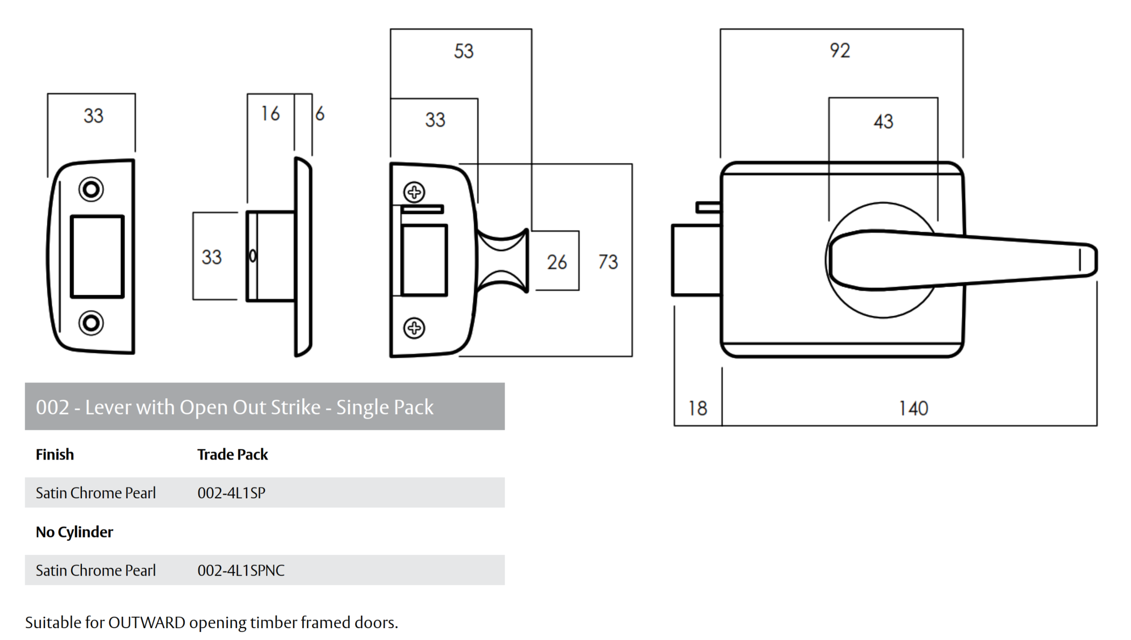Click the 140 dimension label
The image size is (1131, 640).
(x=913, y=408)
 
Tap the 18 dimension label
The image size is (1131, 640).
(x=697, y=408)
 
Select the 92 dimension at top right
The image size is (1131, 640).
(x=839, y=51)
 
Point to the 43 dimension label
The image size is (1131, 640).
(x=883, y=121)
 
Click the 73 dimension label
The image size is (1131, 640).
(x=608, y=262)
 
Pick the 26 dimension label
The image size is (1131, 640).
(x=557, y=262)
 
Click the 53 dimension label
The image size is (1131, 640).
(x=463, y=51)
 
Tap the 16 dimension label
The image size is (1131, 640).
(x=270, y=114)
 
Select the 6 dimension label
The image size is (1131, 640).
(x=320, y=114)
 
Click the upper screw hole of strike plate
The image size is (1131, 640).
(x=91, y=189)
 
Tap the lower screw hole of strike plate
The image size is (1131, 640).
(x=91, y=323)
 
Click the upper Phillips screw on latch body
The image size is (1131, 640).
(x=414, y=192)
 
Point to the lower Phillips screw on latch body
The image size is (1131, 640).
(x=414, y=328)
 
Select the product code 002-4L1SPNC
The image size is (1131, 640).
(x=241, y=571)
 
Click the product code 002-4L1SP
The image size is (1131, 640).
(x=231, y=493)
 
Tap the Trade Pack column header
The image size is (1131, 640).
(x=232, y=455)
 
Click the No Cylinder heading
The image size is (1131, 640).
(x=74, y=532)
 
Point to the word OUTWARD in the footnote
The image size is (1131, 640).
(x=147, y=623)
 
